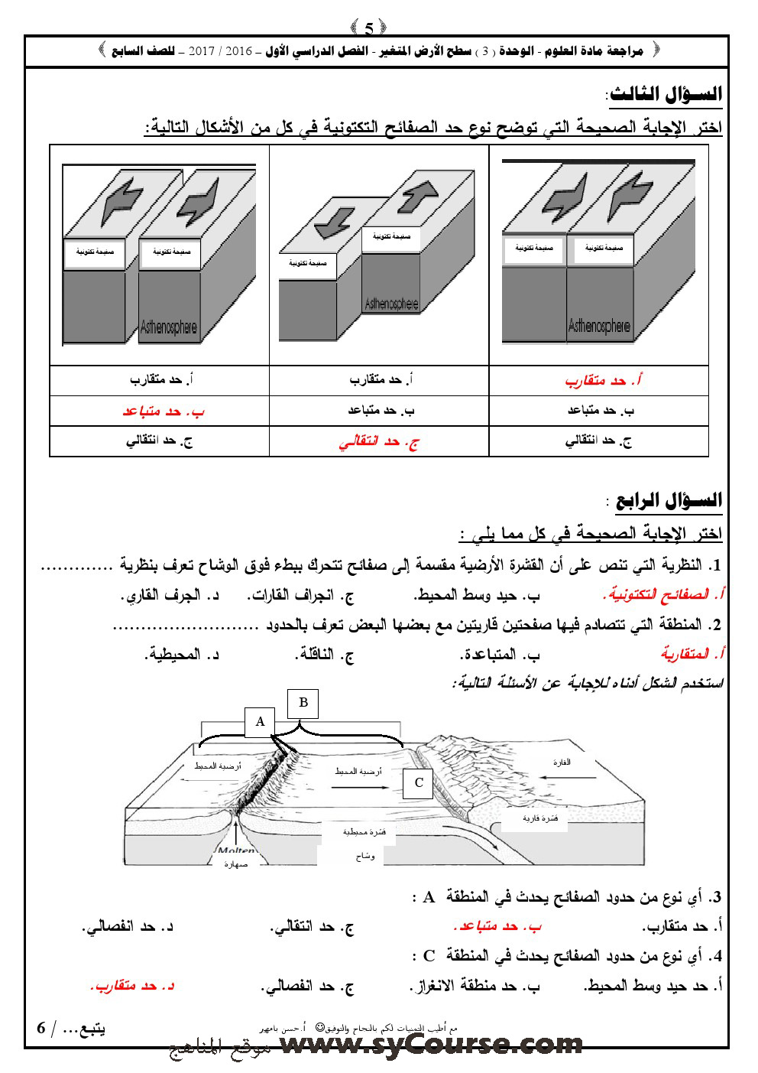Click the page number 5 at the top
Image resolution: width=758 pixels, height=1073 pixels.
point(369,28)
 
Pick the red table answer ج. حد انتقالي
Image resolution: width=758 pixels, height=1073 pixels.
point(379,442)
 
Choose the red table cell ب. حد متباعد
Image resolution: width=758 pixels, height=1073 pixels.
point(164,411)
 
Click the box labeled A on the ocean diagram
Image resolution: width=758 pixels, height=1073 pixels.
point(260,721)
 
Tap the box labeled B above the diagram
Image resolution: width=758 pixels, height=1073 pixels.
point(303,703)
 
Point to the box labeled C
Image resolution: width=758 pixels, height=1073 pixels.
point(418,782)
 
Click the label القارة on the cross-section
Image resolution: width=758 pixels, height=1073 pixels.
point(562,762)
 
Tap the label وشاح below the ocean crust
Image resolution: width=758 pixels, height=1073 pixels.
point(365,857)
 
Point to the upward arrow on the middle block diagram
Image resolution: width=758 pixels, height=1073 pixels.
point(419,196)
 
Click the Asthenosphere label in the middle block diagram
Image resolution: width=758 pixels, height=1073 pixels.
point(393,303)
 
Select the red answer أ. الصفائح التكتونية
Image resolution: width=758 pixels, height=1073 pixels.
point(663,594)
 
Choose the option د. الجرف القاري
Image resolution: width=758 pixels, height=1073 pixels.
point(172,594)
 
